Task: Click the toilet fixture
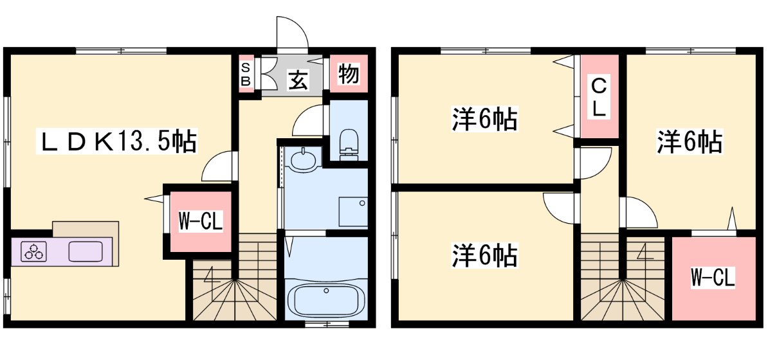click(x=348, y=143)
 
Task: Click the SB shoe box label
click(x=246, y=74)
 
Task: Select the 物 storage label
click(x=349, y=74)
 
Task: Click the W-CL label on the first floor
click(x=200, y=221)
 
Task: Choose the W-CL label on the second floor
click(x=713, y=278)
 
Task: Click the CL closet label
click(x=598, y=98)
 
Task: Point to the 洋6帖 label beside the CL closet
click(x=689, y=142)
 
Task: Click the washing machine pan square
click(x=353, y=212)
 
